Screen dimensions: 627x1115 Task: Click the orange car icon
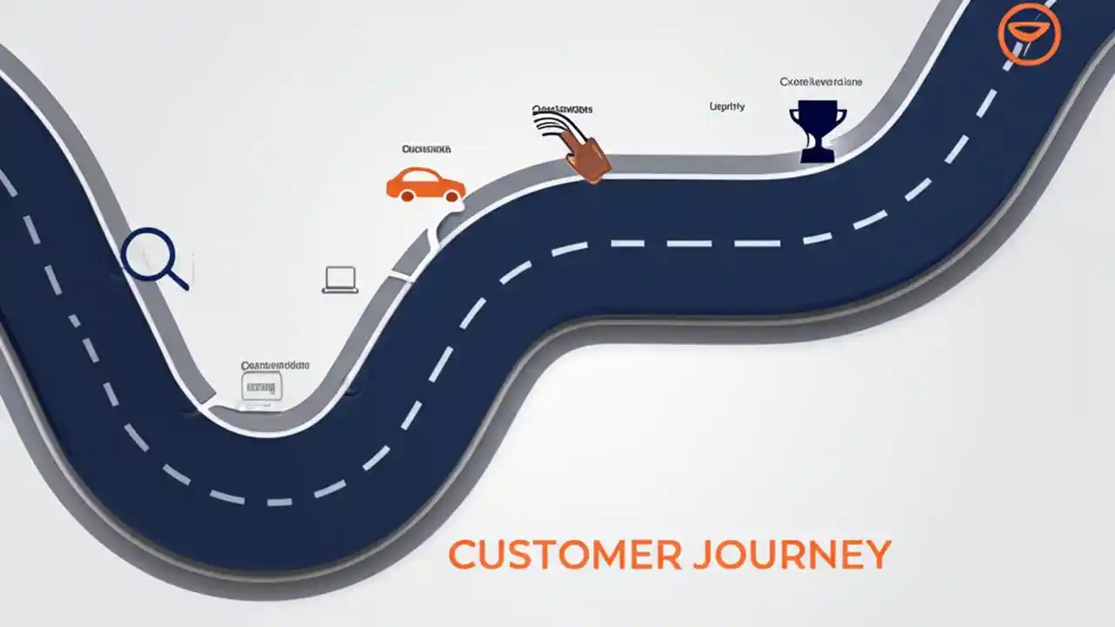425,185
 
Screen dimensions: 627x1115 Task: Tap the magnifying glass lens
149,253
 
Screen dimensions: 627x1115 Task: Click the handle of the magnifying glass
178,280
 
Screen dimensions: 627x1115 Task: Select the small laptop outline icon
341,280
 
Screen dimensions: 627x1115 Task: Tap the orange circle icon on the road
1029,33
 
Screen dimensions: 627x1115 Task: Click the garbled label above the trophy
821,82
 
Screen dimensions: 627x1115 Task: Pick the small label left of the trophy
727,106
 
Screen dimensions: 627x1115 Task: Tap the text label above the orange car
426,150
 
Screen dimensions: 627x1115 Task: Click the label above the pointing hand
563,110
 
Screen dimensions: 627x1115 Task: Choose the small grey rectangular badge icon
261,386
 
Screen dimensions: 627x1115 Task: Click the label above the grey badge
274,367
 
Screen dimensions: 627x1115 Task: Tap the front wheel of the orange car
450,197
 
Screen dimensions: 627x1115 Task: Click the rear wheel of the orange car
406,196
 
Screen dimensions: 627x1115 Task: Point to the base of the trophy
817,156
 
